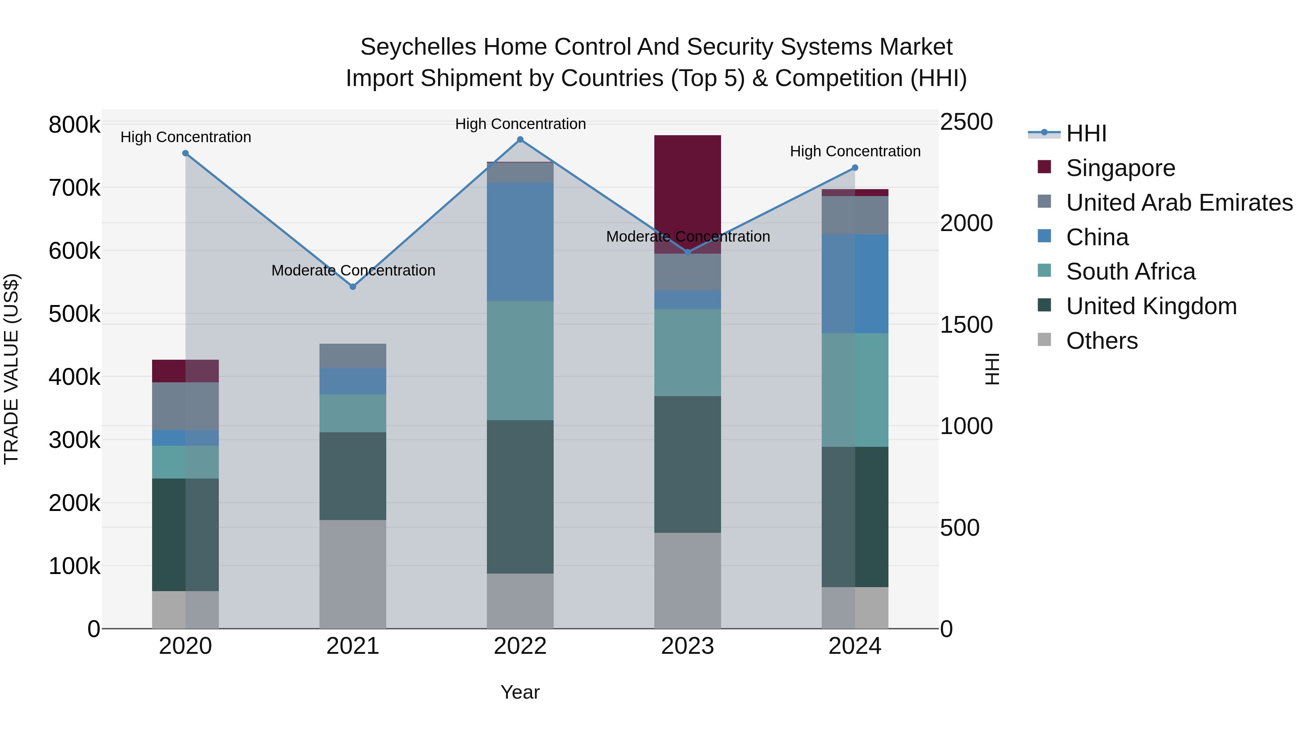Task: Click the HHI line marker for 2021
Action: click(353, 287)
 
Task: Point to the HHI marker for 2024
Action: click(855, 168)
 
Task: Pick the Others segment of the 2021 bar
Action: click(353, 574)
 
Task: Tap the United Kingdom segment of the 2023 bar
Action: click(687, 465)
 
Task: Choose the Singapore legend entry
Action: click(1120, 168)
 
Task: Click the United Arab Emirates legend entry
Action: click(1179, 203)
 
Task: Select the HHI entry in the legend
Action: click(1086, 133)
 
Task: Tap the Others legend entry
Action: click(1101, 341)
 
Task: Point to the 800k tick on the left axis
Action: click(74, 125)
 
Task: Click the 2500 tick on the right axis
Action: click(966, 122)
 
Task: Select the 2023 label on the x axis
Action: click(687, 646)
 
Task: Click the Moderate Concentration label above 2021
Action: click(353, 270)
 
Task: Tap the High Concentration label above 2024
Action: click(855, 151)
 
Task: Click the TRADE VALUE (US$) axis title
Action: click(11, 369)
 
